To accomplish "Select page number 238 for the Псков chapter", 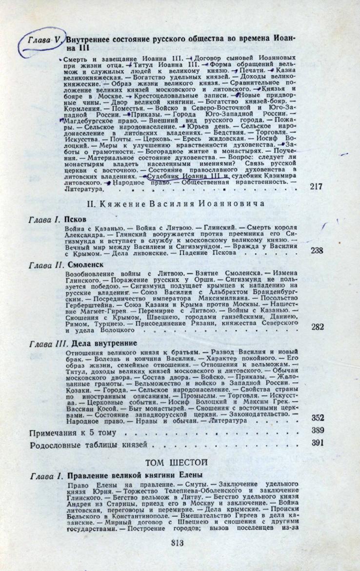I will click(317, 250).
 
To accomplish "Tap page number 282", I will click(317, 327).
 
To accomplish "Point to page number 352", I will click(318, 417).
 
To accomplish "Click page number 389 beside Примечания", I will click(318, 430).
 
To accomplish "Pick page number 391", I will click(318, 443).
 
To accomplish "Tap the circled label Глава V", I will click(43, 40).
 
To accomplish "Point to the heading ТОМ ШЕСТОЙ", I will click(177, 461).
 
